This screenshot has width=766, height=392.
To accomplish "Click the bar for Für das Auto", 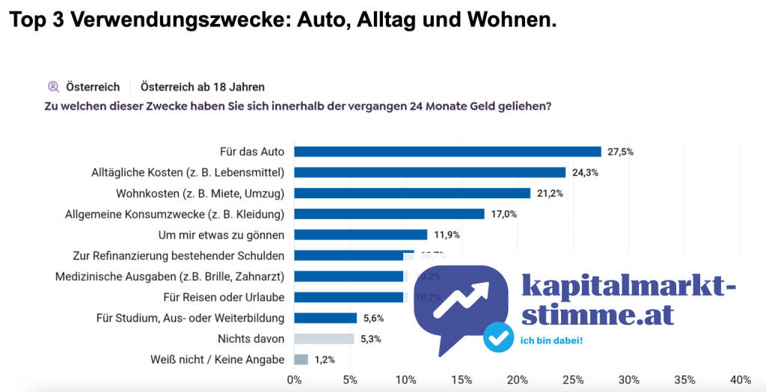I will [x=447, y=151].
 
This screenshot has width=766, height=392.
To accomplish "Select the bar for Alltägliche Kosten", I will [x=429, y=172].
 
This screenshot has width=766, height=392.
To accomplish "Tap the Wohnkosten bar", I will [x=412, y=193].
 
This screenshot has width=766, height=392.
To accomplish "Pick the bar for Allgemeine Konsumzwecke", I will [x=389, y=214].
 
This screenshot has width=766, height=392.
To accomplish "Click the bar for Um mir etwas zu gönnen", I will [x=361, y=234].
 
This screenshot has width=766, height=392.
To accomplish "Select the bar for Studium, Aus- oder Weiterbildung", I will [x=325, y=318].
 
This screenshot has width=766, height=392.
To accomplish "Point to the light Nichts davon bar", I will [x=324, y=339].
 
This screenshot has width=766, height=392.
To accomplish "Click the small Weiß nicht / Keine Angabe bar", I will [x=301, y=359].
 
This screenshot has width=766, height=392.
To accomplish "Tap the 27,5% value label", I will [x=620, y=151].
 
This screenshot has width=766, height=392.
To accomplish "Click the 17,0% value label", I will [x=503, y=214].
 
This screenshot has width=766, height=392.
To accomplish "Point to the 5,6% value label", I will [x=373, y=318].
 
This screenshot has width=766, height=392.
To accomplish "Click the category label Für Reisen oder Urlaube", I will [x=224, y=297].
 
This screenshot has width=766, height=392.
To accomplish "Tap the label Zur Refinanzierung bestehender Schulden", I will [x=178, y=255].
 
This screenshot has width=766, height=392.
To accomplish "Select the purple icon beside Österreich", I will [x=53, y=87].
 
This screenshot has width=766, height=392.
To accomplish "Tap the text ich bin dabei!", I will [x=551, y=342].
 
